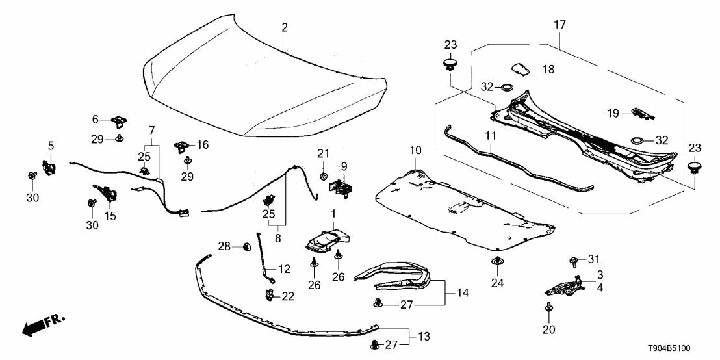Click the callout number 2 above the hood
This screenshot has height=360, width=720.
pos(285,27)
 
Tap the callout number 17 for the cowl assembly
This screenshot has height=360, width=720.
pos(559,25)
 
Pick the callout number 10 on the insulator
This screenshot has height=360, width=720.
pos(415,151)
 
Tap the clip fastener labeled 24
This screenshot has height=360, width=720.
pos(497,262)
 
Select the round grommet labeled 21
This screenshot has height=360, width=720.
pos(324,176)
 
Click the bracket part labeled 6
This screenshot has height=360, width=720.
pos(119,120)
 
